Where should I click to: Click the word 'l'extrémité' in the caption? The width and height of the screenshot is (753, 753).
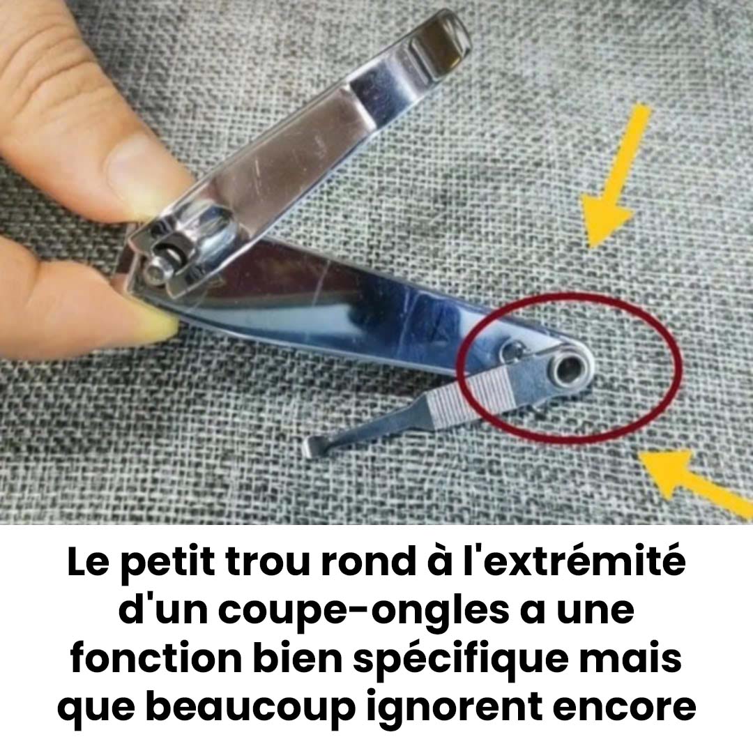click(x=582, y=563)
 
